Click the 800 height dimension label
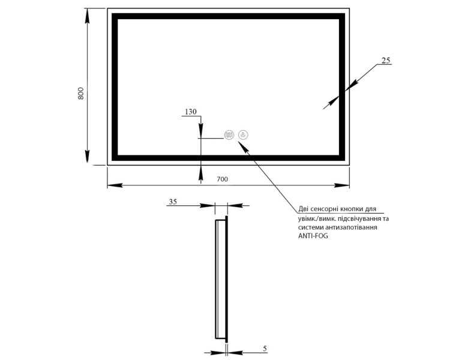[x=80, y=94]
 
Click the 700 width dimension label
[x=222, y=179]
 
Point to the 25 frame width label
[x=386, y=60]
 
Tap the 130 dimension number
[x=191, y=112]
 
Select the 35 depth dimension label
[x=173, y=202]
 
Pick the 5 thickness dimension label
[x=265, y=349]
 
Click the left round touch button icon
[x=229, y=135]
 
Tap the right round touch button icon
[x=243, y=135]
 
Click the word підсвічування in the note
[x=359, y=218]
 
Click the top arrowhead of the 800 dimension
[x=87, y=16]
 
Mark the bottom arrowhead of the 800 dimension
[x=87, y=158]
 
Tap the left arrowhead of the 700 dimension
[x=115, y=185]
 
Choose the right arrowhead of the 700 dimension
[x=342, y=185]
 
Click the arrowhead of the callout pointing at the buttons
[x=244, y=146]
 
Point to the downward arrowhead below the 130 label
[x=201, y=129]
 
